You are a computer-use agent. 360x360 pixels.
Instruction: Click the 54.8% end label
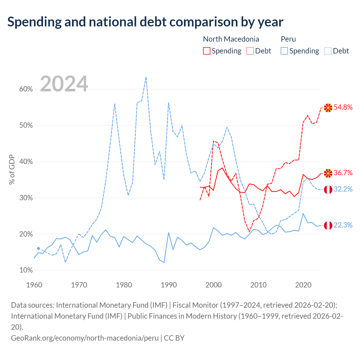pyautogui.click(x=343, y=107)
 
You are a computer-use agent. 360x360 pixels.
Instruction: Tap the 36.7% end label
pyautogui.click(x=343, y=173)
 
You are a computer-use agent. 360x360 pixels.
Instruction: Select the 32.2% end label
pyautogui.click(x=343, y=189)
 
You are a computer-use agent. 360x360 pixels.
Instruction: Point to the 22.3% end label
pyautogui.click(x=343, y=225)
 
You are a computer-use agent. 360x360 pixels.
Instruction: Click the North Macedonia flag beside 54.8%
pyautogui.click(x=328, y=108)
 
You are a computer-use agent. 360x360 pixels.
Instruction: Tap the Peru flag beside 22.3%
pyautogui.click(x=328, y=226)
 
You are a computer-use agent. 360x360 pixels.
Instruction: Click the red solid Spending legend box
pyautogui.click(x=207, y=51)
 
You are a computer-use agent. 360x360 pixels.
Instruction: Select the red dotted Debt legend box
pyautogui.click(x=250, y=51)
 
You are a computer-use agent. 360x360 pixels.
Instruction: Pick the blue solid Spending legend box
pyautogui.click(x=284, y=51)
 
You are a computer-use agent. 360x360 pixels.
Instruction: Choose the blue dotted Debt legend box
pyautogui.click(x=328, y=51)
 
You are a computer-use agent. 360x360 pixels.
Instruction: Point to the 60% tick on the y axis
pyautogui.click(x=26, y=89)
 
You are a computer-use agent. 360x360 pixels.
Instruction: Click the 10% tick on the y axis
pyautogui.click(x=26, y=270)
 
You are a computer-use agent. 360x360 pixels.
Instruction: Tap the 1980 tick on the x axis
pyautogui.click(x=124, y=285)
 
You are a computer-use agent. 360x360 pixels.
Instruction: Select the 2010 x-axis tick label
pyautogui.click(x=258, y=285)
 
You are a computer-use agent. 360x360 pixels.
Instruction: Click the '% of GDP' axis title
pyautogui.click(x=12, y=169)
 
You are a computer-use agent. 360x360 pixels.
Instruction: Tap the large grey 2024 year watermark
pyautogui.click(x=64, y=84)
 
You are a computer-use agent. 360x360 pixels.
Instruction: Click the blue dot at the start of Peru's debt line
pyautogui.click(x=39, y=248)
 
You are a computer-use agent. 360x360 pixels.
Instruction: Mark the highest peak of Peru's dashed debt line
pyautogui.click(x=146, y=77)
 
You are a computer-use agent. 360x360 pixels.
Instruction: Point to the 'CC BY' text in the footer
pyautogui.click(x=174, y=338)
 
